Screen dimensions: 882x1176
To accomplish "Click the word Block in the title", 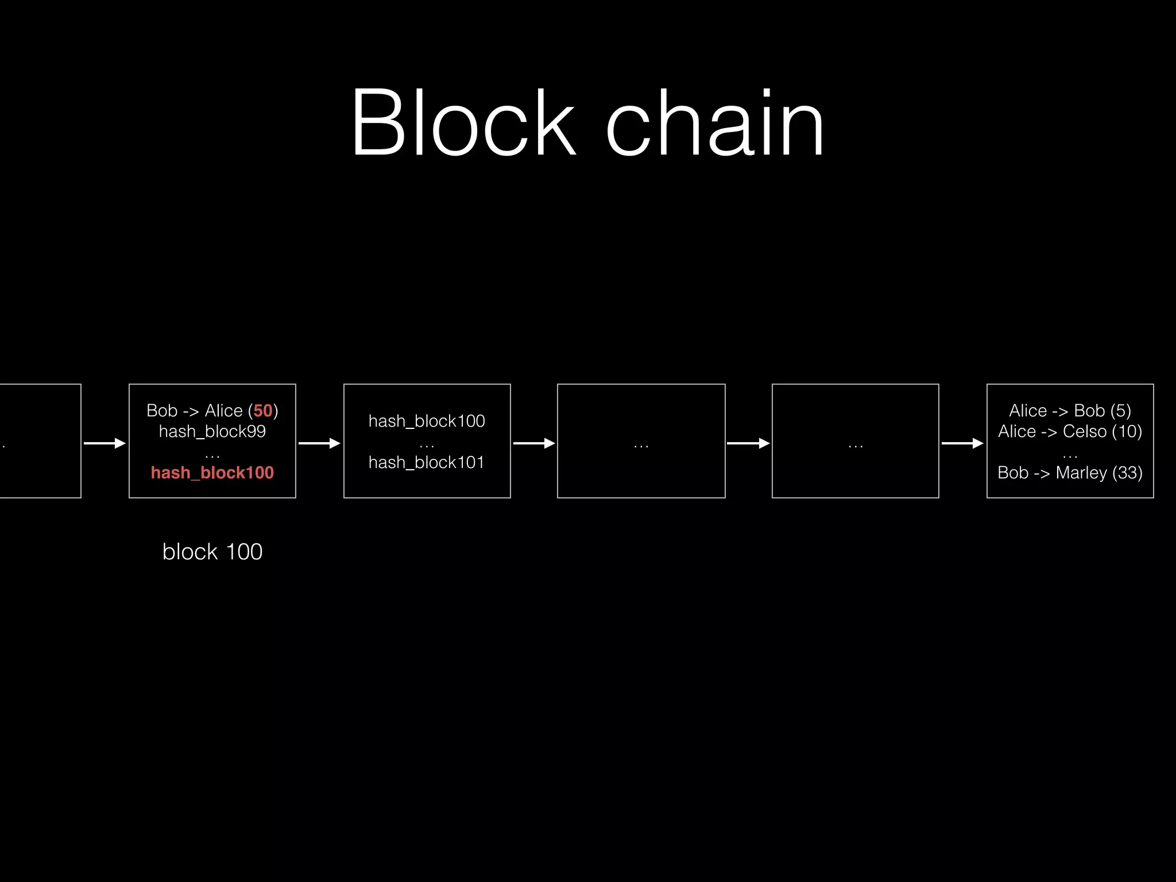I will [463, 122].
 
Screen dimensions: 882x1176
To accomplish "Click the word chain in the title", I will [715, 122].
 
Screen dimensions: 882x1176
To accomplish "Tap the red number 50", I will [263, 411].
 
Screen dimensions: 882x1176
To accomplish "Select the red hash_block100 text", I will [212, 473].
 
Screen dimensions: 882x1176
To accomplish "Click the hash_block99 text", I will [212, 431].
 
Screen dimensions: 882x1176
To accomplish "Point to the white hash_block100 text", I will [427, 421].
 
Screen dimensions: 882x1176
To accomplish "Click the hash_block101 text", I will [427, 462].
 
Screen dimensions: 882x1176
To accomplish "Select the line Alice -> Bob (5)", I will [1070, 411].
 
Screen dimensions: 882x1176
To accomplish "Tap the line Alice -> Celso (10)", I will [1070, 431].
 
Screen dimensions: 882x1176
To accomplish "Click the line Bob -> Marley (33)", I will [1070, 473].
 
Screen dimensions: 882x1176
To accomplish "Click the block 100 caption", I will [212, 552].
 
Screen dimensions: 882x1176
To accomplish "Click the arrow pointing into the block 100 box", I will [105, 443].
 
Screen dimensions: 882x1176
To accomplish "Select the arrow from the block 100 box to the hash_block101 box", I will [319, 443].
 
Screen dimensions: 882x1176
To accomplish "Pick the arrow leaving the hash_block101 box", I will [534, 443].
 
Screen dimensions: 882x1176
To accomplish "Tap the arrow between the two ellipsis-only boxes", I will [748, 443].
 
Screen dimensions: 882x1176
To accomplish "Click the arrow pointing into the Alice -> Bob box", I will [962, 443].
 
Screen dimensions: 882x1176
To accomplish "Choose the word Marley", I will [1081, 473].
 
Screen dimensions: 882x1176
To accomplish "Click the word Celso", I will [1085, 431].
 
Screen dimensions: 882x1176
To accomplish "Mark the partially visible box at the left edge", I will [40, 441].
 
